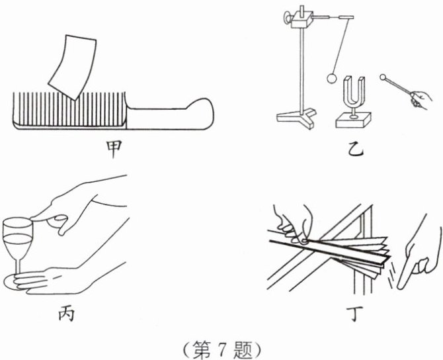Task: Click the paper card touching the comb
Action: (x=71, y=64)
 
